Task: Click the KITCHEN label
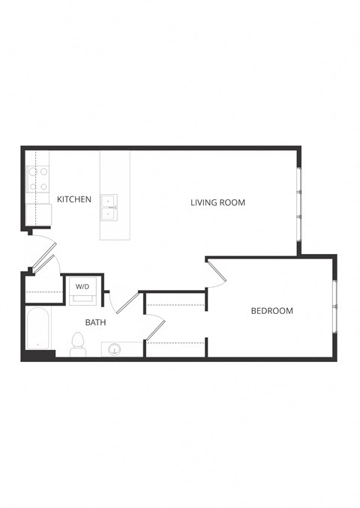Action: [74, 199]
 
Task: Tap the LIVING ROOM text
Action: [217, 202]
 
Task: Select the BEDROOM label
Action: [271, 310]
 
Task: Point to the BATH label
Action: [95, 323]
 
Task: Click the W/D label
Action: [82, 286]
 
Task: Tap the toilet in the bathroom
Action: [77, 345]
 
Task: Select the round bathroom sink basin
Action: [115, 348]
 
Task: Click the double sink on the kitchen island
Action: [109, 207]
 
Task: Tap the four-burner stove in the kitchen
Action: [37, 178]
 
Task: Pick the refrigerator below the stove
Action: [37, 214]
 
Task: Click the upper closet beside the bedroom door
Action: [175, 298]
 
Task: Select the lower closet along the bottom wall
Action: [175, 348]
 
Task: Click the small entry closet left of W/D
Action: [43, 288]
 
